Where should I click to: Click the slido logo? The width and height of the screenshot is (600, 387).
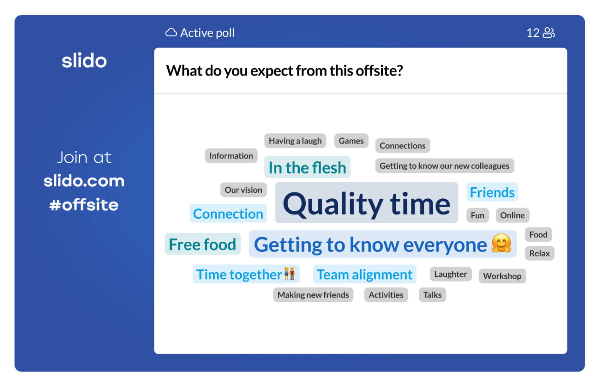(84, 61)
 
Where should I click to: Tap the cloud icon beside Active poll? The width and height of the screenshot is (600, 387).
(171, 33)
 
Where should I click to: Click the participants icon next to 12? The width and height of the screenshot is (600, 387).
(549, 33)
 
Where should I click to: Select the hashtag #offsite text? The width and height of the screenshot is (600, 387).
(84, 205)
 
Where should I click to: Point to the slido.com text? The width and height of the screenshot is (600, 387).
(84, 181)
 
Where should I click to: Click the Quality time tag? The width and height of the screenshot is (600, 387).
(366, 203)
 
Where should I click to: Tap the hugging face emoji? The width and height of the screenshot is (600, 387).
(501, 244)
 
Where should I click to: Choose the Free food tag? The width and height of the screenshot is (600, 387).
(202, 244)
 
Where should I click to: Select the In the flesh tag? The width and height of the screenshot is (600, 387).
(307, 167)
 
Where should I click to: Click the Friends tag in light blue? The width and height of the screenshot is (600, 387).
(492, 192)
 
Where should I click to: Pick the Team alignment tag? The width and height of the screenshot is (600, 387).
(365, 274)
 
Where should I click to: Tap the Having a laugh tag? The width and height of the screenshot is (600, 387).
(295, 141)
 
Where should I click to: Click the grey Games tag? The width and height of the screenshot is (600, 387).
(351, 141)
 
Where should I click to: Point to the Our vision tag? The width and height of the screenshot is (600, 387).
(243, 190)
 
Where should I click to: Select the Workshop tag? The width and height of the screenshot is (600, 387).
(502, 276)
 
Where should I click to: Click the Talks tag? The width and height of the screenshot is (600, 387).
(432, 295)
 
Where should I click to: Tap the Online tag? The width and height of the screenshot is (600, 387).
(512, 215)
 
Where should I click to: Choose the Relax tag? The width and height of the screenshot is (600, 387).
(539, 253)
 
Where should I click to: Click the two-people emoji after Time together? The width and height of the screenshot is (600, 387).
(290, 274)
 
